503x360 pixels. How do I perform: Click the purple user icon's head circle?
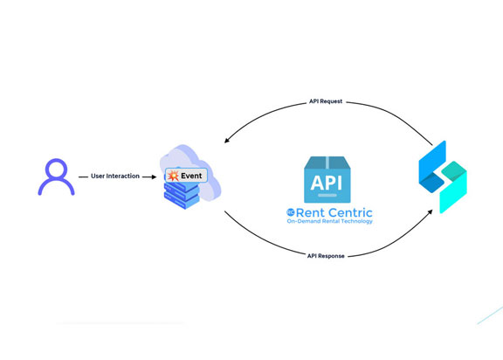(x=56, y=168)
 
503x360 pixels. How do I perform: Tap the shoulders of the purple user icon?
(x=56, y=187)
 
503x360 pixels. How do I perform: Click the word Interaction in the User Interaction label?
(x=123, y=177)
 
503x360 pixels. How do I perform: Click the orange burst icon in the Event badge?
(x=173, y=176)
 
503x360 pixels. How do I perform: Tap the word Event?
(x=191, y=176)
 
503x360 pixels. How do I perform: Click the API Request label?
(x=326, y=101)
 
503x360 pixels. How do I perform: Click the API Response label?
(x=327, y=256)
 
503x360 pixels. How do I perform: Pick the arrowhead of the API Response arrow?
(x=429, y=212)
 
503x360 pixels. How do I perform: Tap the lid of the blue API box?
(x=327, y=163)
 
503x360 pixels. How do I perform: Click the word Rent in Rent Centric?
(x=313, y=212)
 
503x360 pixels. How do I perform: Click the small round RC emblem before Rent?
(x=291, y=212)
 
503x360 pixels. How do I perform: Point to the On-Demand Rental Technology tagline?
(x=330, y=222)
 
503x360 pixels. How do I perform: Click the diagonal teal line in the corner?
(x=489, y=315)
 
